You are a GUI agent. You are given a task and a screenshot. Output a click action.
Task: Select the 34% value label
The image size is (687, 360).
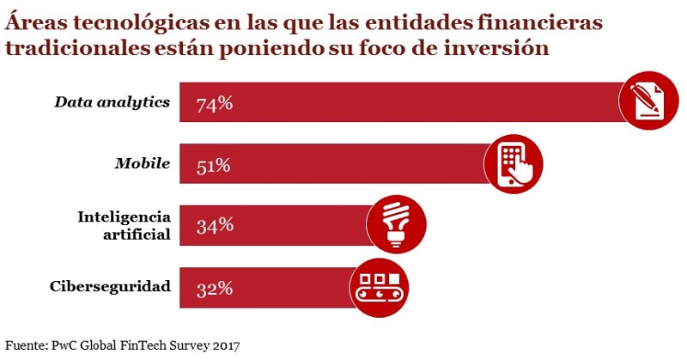[x=214, y=226]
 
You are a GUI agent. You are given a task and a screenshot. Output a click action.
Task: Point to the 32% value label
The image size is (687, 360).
[x=214, y=288]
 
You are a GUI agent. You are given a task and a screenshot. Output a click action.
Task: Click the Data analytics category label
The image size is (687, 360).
[x=112, y=103]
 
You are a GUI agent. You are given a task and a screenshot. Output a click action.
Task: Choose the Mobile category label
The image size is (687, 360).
[x=142, y=164]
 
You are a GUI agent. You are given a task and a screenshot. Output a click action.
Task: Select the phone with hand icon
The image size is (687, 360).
[x=515, y=162]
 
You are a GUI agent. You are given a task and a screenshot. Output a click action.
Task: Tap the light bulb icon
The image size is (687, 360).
[x=396, y=223]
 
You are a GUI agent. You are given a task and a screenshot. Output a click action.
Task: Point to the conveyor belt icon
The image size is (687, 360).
[x=379, y=285]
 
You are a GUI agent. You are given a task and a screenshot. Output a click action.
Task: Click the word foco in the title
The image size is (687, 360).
[x=374, y=48]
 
